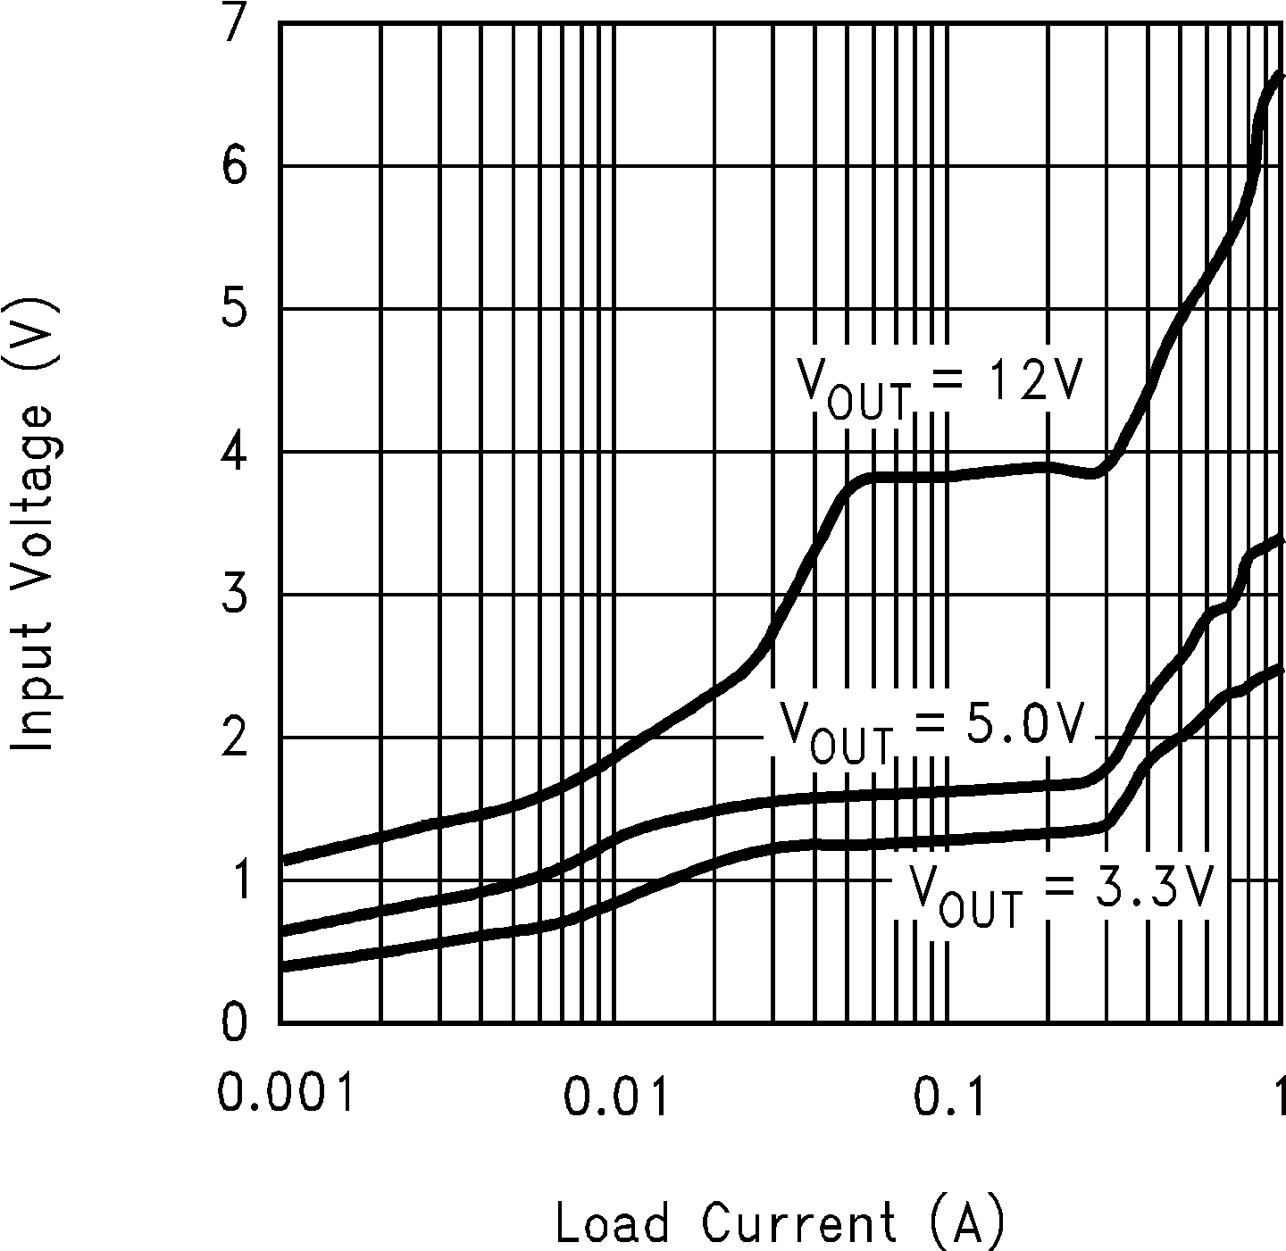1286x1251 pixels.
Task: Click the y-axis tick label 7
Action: pyautogui.click(x=233, y=25)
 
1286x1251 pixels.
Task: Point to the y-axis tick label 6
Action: pyautogui.click(x=233, y=166)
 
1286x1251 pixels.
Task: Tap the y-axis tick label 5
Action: pyautogui.click(x=233, y=309)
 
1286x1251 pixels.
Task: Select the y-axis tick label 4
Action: pyautogui.click(x=233, y=452)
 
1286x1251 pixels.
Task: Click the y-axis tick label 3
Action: pyautogui.click(x=233, y=595)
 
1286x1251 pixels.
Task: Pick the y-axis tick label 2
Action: pyautogui.click(x=233, y=738)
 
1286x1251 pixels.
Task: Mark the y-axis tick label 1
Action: pyautogui.click(x=233, y=880)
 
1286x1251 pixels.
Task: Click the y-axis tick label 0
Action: pyautogui.click(x=233, y=1022)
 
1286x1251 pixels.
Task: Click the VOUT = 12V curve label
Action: pyautogui.click(x=939, y=386)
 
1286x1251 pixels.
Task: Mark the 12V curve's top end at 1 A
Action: pyautogui.click(x=1282, y=77)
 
